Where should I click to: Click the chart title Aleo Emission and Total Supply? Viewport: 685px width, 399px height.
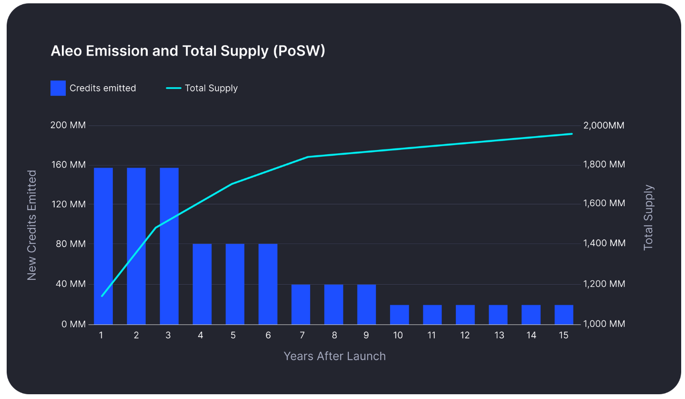[x=188, y=51]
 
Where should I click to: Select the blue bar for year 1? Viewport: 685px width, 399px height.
[x=103, y=246]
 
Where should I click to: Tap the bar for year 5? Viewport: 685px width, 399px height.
[x=235, y=284]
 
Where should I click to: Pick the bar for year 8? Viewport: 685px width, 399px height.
[x=333, y=304]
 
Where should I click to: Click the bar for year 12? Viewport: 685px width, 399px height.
[x=465, y=314]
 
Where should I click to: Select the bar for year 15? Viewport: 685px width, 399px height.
[x=564, y=314]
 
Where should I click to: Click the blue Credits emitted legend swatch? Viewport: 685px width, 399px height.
[x=58, y=88]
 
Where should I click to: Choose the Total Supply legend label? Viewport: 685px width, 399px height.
[x=211, y=88]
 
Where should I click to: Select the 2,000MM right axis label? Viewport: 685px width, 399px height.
[x=604, y=126]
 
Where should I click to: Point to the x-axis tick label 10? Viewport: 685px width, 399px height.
[x=398, y=335]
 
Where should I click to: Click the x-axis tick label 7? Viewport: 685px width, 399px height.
[x=302, y=335]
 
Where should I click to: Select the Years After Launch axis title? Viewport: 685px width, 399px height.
[x=334, y=356]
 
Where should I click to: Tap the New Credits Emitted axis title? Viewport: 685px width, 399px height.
[x=31, y=225]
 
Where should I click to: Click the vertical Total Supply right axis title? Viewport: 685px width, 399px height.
[x=648, y=218]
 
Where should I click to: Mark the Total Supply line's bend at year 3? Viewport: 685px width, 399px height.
[x=156, y=227]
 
